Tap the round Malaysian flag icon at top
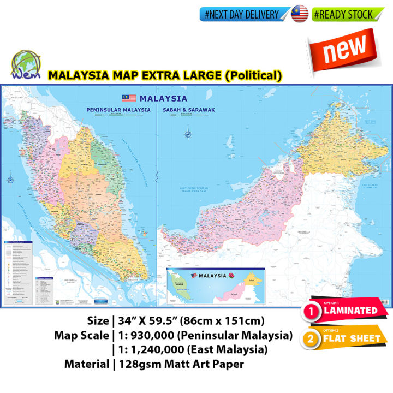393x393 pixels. coord(300,14)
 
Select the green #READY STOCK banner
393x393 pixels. coord(344,15)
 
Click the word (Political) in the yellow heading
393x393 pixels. coord(253,75)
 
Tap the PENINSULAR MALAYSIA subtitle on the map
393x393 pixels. coord(118,110)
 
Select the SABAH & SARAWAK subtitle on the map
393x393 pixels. coord(189,110)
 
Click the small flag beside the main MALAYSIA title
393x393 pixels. coord(129,98)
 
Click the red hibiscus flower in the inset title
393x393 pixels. coord(231,275)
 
